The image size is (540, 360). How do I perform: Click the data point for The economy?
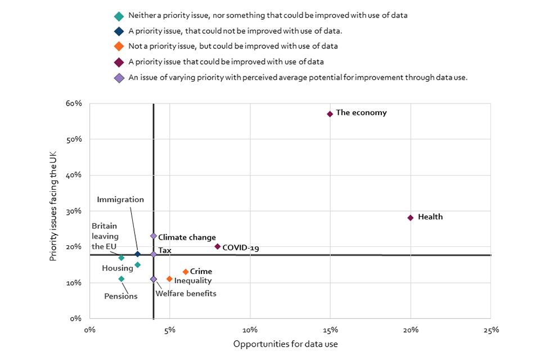[330, 114]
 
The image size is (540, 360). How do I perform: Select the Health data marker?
[411, 218]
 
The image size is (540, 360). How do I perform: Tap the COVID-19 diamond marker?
[218, 246]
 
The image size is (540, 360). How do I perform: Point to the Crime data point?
[186, 272]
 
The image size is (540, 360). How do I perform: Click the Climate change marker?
[154, 236]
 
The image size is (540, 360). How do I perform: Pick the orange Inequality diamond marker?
[169, 279]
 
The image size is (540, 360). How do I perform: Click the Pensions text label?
[121, 296]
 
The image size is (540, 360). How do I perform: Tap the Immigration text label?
[120, 200]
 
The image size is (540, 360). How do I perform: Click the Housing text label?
[118, 268]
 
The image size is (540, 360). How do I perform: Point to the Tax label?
[165, 250]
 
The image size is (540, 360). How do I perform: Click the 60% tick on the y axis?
[75, 103]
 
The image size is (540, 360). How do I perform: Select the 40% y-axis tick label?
[75, 175]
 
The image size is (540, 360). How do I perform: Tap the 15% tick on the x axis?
[330, 330]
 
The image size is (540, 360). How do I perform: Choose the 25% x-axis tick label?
[490, 330]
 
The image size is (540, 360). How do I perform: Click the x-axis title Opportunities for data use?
[285, 344]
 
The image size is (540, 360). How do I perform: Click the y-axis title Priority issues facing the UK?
[54, 211]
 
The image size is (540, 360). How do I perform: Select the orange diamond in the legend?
[119, 47]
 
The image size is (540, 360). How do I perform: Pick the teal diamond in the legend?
[119, 16]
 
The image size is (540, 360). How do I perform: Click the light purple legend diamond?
[119, 78]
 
